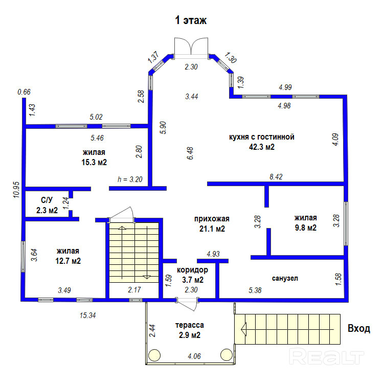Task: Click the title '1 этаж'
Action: click(191, 21)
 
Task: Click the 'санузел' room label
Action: click(285, 278)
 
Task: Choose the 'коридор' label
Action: click(193, 269)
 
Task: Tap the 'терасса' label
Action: click(190, 325)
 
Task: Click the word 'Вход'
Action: click(358, 328)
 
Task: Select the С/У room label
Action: click(47, 200)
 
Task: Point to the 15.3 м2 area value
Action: click(94, 162)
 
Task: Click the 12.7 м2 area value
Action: click(69, 261)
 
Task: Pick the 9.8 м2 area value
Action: click(305, 228)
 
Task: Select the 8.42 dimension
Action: click(276, 177)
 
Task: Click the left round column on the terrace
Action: click(154, 354)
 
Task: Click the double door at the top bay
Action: click(190, 48)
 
